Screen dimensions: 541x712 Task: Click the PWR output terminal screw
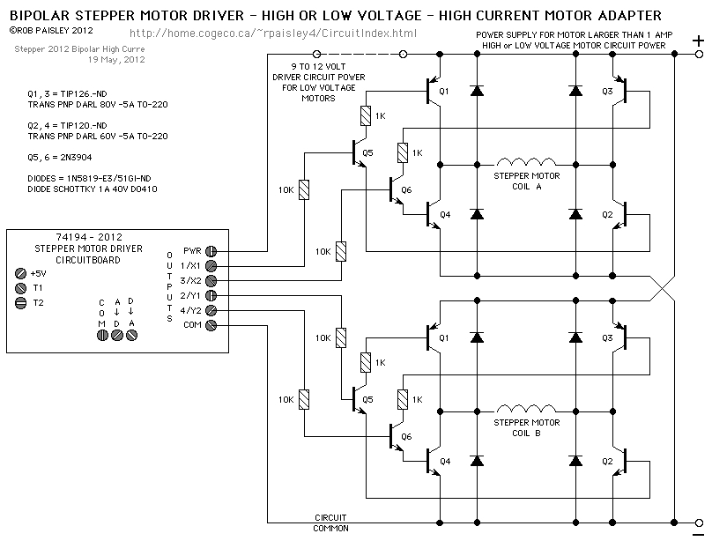pyautogui.click(x=211, y=250)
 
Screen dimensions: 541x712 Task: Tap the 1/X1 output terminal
pyautogui.click(x=211, y=265)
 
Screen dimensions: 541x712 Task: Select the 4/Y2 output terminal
pyautogui.click(x=211, y=310)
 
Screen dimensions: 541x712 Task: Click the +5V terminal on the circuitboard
pyautogui.click(x=22, y=273)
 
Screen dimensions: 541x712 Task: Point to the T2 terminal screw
pyautogui.click(x=22, y=302)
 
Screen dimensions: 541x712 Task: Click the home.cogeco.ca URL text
pyautogui.click(x=273, y=33)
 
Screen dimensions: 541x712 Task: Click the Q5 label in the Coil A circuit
pyautogui.click(x=367, y=152)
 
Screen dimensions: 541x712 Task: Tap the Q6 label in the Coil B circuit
pyautogui.click(x=405, y=436)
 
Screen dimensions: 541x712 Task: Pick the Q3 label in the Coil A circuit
pyautogui.click(x=606, y=92)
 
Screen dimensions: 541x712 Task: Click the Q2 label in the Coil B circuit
pyautogui.click(x=606, y=461)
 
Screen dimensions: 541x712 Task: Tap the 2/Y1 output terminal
pyautogui.click(x=211, y=295)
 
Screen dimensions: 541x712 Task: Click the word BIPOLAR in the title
pyautogui.click(x=41, y=15)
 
